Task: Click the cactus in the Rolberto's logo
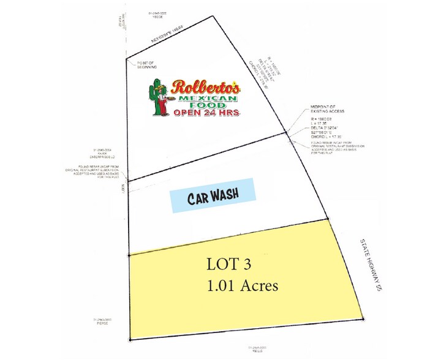(x=156, y=99)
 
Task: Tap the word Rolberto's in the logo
(x=206, y=87)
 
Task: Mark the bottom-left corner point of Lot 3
(x=130, y=339)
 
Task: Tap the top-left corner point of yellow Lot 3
(x=129, y=255)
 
